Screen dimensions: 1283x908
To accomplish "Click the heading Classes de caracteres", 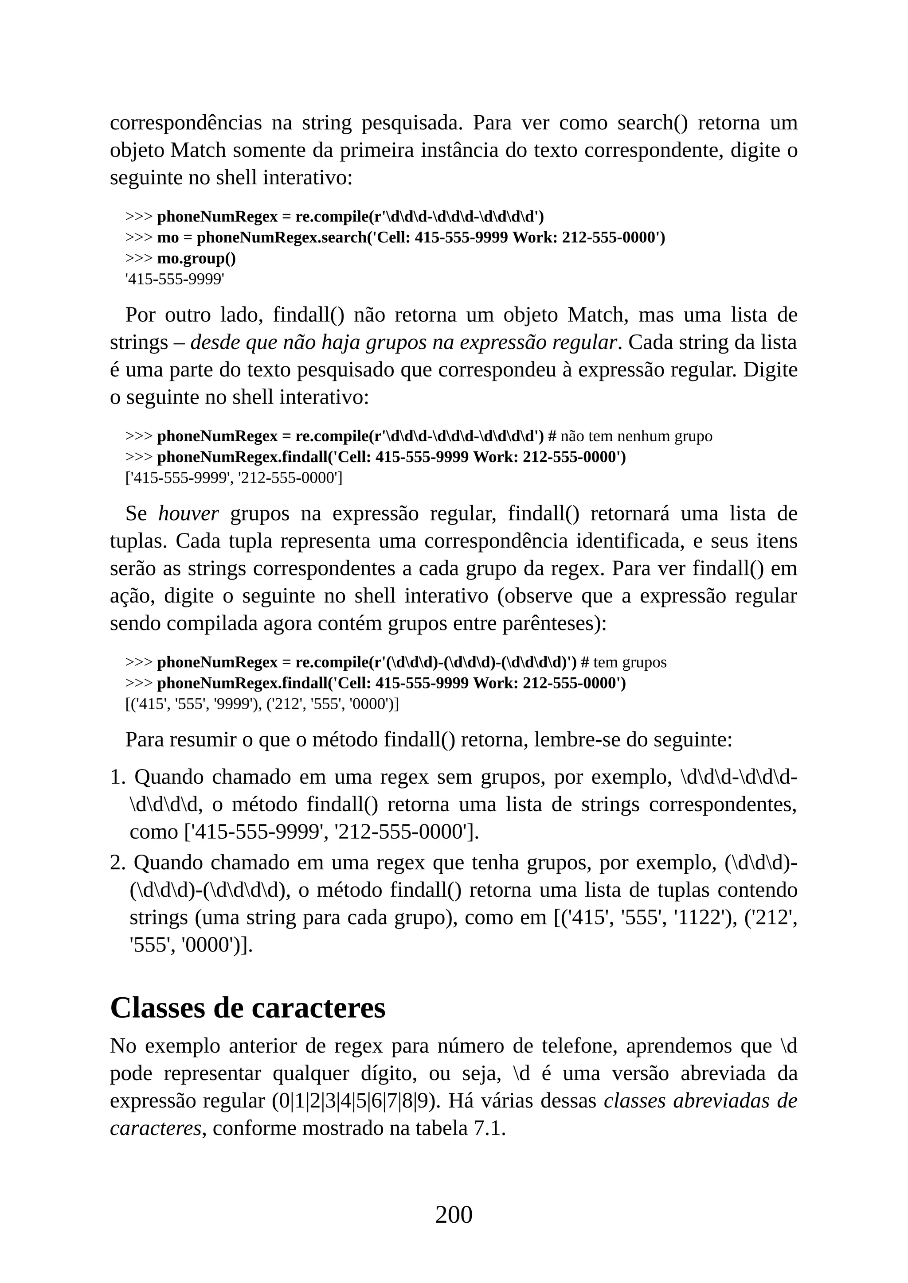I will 248,1007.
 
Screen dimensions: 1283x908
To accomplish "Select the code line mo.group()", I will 196,259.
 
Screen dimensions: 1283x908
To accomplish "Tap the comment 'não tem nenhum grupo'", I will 636,436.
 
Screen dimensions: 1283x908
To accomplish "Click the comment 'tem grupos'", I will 630,662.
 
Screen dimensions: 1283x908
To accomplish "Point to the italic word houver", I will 188,513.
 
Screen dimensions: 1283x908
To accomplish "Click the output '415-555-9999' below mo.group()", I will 174,280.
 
